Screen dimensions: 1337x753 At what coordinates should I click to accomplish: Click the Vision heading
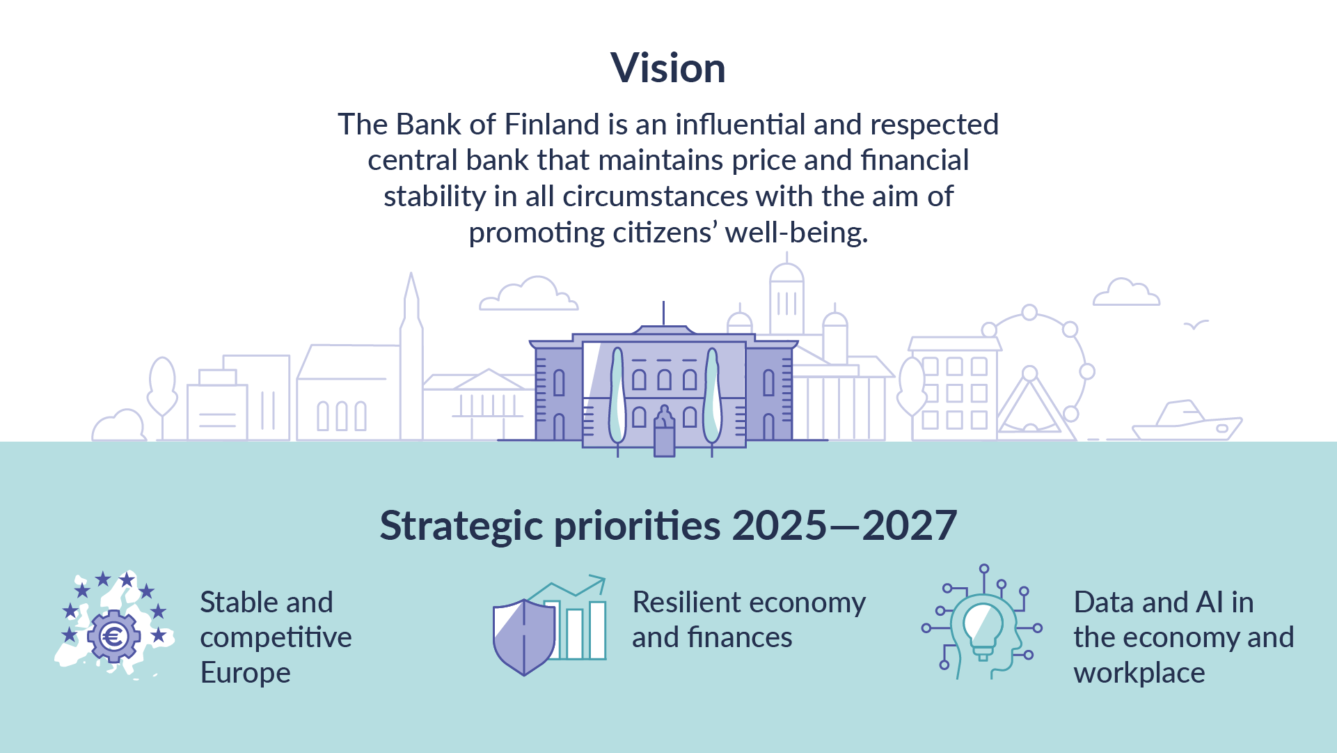tap(668, 68)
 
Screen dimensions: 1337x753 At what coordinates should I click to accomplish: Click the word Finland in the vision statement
tap(552, 125)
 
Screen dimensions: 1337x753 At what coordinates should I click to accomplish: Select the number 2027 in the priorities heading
tap(909, 525)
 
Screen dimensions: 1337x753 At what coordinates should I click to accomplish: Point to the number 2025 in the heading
tap(780, 525)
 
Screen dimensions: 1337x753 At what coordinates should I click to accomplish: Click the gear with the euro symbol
tap(113, 635)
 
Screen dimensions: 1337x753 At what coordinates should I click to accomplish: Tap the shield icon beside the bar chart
tap(524, 637)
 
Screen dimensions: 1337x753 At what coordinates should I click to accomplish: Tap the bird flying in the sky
tap(1196, 325)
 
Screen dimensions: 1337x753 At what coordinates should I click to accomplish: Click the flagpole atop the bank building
tap(663, 313)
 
